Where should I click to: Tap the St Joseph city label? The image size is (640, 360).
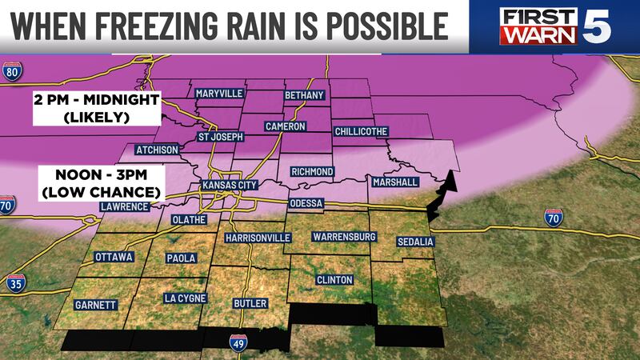222,138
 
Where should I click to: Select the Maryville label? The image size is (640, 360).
219,94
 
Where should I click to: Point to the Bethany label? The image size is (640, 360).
304,95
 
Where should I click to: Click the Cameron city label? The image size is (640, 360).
285,126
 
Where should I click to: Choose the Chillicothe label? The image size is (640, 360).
361,131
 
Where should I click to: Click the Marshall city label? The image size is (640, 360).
395,182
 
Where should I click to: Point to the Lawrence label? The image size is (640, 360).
124,206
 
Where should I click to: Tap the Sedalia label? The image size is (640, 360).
414,241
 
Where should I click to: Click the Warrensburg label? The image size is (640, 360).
344,238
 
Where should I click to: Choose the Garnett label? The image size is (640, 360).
95,305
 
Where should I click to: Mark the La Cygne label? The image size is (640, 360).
186,298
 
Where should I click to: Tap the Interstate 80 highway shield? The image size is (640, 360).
11,73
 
